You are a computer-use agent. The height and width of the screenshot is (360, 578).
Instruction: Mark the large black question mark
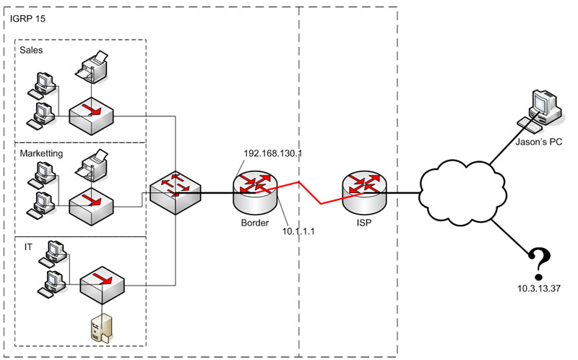(x=538, y=264)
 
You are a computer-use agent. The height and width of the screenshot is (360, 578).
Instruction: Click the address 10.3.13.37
(x=539, y=288)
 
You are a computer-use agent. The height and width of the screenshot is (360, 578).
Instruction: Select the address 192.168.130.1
(x=272, y=153)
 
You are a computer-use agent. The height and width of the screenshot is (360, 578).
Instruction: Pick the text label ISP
(x=363, y=222)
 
